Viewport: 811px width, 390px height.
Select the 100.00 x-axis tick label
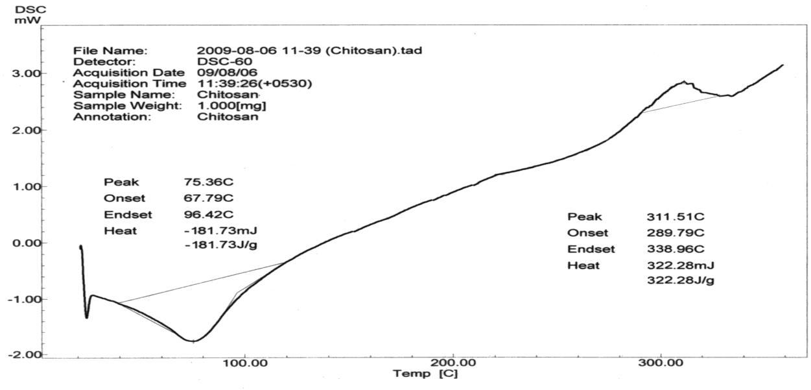[x=245, y=362]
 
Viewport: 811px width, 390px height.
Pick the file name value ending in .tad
[x=309, y=50]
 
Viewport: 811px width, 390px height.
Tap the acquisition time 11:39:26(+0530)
[x=254, y=84]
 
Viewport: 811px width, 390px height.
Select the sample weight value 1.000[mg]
[x=231, y=106]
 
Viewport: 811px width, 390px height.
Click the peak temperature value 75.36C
[x=208, y=182]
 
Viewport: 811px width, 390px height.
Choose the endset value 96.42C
[x=208, y=215]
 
